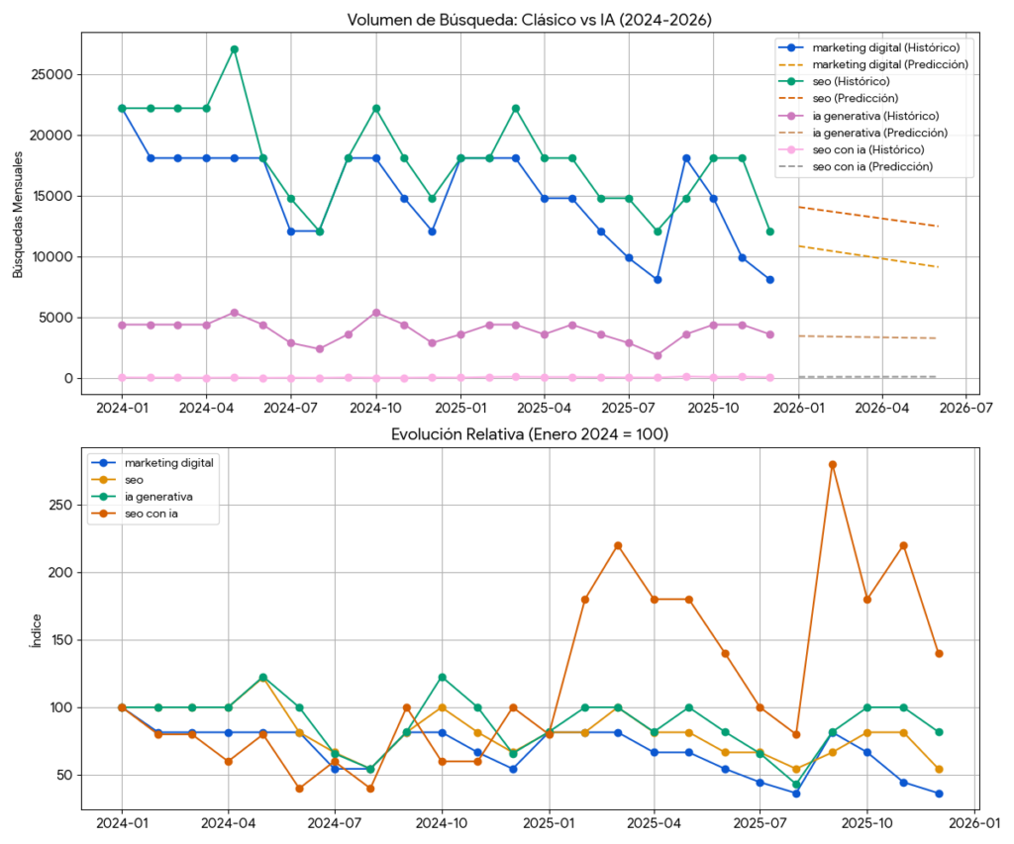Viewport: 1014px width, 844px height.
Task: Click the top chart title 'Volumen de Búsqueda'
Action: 529,20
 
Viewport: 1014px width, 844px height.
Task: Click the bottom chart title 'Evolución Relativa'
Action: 529,433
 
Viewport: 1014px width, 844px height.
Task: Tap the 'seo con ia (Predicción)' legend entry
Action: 871,166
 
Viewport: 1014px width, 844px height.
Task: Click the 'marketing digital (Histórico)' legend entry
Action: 871,47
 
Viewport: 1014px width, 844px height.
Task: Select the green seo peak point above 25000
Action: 234,48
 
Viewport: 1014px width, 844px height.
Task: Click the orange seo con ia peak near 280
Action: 833,464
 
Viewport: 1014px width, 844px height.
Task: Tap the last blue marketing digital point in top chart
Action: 769,280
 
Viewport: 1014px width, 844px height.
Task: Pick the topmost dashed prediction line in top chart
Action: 867,217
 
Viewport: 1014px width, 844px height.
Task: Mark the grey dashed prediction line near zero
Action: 867,377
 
